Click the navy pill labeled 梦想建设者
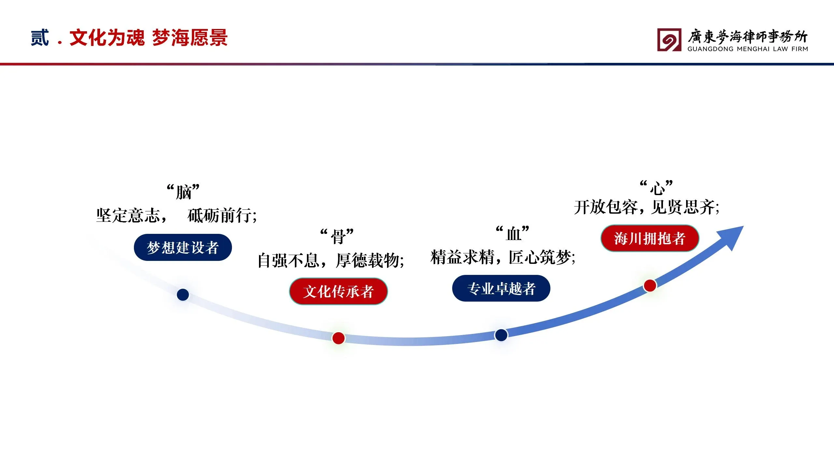(183, 247)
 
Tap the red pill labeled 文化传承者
(338, 291)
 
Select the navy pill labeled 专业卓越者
(501, 288)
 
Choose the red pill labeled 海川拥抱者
(650, 238)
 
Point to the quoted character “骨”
(337, 236)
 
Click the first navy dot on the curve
(183, 295)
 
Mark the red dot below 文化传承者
(338, 338)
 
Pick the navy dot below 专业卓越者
(501, 335)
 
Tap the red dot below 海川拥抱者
(650, 286)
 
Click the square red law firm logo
(669, 40)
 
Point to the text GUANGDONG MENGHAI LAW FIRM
(748, 49)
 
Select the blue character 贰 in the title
(40, 38)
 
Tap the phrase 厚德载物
(368, 261)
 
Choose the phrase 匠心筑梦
(540, 257)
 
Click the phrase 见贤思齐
(683, 207)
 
